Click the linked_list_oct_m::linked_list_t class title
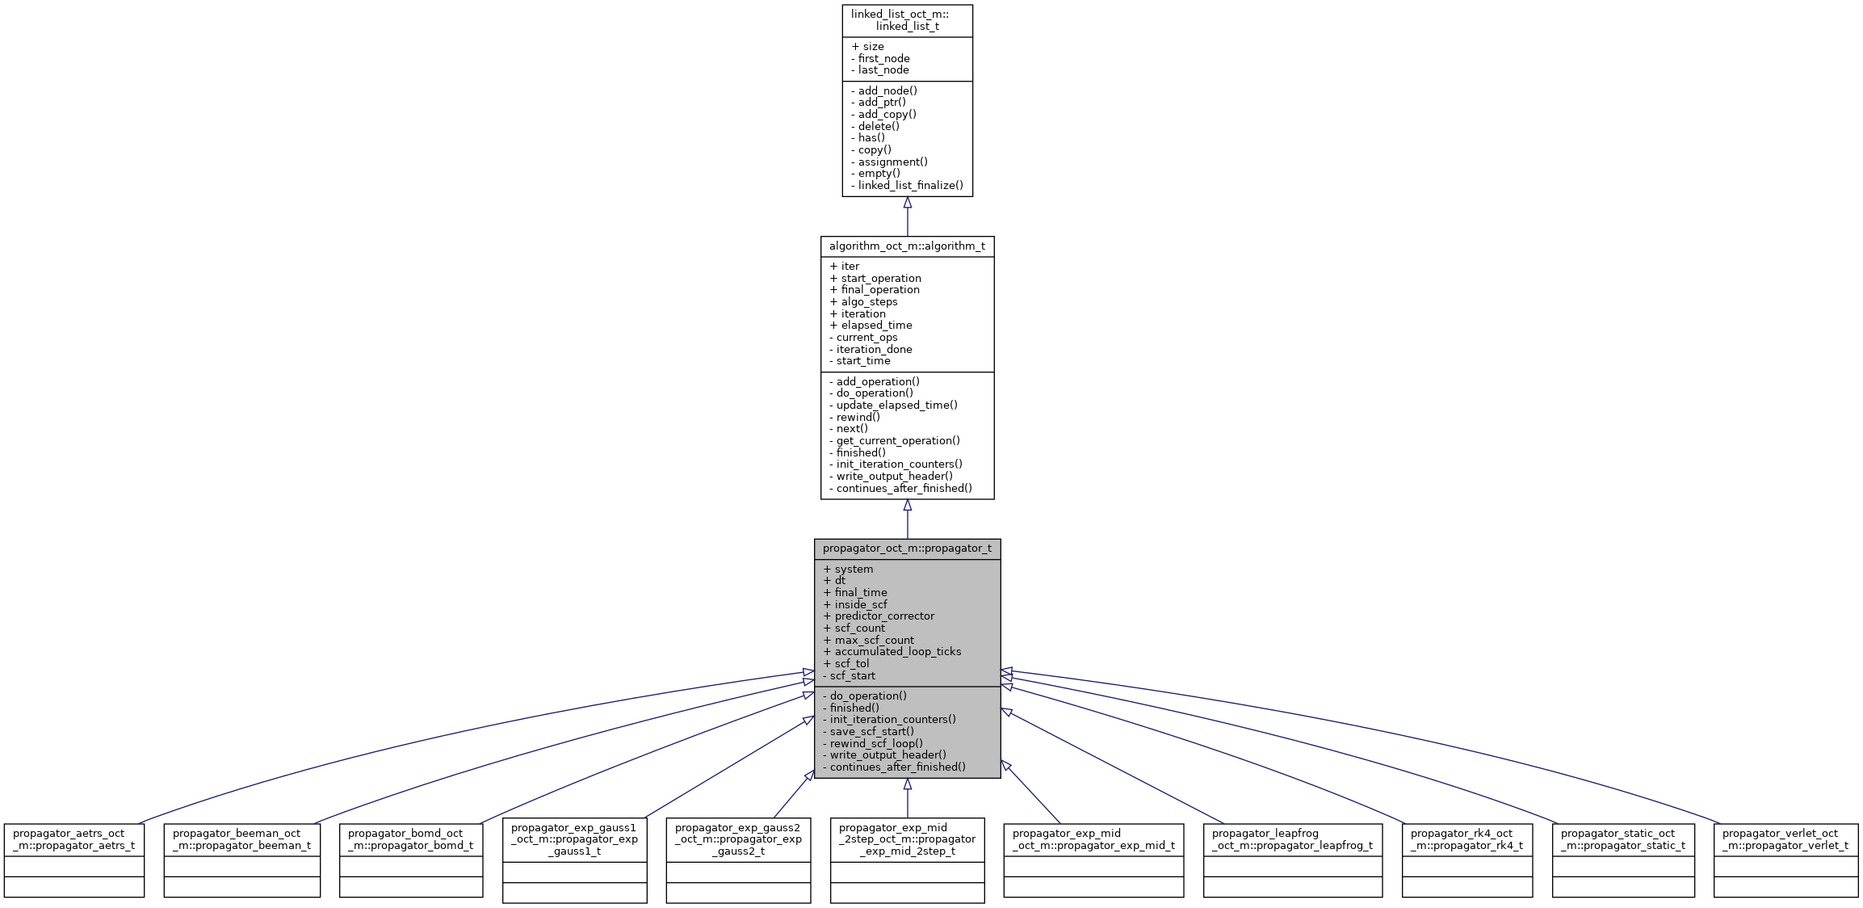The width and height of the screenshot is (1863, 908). pos(907,20)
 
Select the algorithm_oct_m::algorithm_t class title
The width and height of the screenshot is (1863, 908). pos(907,246)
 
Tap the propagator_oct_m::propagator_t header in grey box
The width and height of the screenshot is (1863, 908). pos(907,549)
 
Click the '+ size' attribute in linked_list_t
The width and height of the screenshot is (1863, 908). pos(868,47)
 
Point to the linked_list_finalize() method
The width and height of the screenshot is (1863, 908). pos(907,185)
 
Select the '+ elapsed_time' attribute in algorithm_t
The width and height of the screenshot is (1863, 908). pos(871,326)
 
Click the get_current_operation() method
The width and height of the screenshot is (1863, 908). pos(895,441)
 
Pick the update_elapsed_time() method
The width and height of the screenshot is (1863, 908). pos(893,406)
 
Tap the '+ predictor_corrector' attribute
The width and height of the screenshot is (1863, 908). pos(879,616)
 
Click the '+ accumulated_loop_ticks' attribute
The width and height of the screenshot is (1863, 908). pos(892,652)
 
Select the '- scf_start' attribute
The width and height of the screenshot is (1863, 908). pos(850,676)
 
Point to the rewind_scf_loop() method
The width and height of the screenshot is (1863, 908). pos(873,743)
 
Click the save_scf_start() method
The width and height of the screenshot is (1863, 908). pos(869,732)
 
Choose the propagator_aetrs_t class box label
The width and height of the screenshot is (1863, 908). pos(73,839)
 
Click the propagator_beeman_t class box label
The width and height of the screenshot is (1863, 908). pos(241,839)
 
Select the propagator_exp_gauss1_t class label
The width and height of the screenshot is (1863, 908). pos(574,839)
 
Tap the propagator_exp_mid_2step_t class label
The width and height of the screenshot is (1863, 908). pos(907,839)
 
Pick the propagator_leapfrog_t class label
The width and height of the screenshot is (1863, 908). pos(1292,839)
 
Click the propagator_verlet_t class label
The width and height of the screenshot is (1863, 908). pos(1785,839)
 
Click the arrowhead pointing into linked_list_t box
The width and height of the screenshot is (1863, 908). pos(907,204)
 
